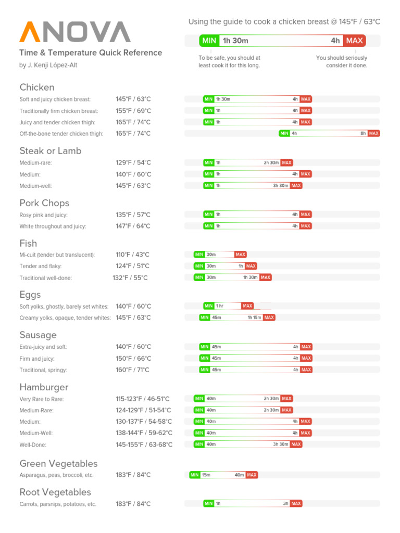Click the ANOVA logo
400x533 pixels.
point(75,32)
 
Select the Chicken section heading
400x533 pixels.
point(37,87)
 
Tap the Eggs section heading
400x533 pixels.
point(30,295)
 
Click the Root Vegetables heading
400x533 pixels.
point(55,492)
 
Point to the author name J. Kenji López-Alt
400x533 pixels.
point(48,65)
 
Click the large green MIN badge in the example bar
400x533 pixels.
point(208,41)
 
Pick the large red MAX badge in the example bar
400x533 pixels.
point(354,41)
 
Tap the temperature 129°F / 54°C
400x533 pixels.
point(133,162)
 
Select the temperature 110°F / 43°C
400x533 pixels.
point(132,255)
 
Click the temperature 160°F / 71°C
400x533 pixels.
point(132,370)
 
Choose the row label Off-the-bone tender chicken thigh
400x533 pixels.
point(61,134)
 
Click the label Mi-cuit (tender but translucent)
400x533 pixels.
point(57,255)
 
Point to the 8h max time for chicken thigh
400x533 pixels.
point(363,133)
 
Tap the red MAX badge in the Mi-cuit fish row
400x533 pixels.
point(240,255)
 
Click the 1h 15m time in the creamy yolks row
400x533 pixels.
point(254,318)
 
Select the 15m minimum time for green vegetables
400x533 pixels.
point(206,475)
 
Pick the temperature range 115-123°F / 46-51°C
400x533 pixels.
point(143,399)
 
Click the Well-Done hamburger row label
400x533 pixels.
point(33,445)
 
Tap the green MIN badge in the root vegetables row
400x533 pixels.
point(208,503)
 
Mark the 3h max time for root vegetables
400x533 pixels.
point(285,503)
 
